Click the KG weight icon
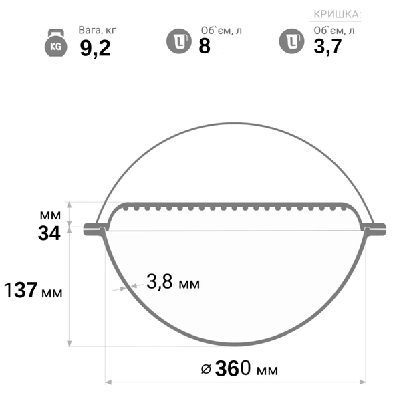click(x=56, y=43)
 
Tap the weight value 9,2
click(x=95, y=48)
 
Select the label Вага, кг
click(x=97, y=31)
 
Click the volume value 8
click(x=205, y=46)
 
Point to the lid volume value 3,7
click(x=327, y=47)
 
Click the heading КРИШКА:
click(x=338, y=14)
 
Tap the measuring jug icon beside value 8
click(x=179, y=41)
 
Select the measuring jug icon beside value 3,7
click(x=291, y=41)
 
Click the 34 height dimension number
click(x=49, y=233)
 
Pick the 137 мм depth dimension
click(x=33, y=290)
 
